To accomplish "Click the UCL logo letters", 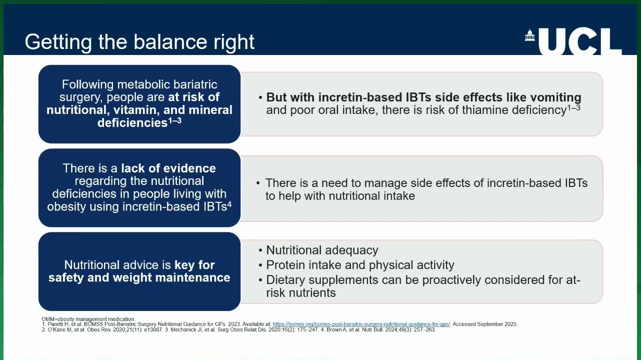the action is [580, 41].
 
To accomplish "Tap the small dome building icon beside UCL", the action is [529, 35].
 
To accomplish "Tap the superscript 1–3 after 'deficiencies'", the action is [175, 120].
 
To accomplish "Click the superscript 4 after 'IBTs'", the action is [229, 204].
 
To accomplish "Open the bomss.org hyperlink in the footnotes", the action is [361, 324].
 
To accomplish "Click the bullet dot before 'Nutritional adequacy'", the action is [260, 250].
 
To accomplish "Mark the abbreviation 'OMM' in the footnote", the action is [47, 319].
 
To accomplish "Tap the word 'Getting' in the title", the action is [58, 42].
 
